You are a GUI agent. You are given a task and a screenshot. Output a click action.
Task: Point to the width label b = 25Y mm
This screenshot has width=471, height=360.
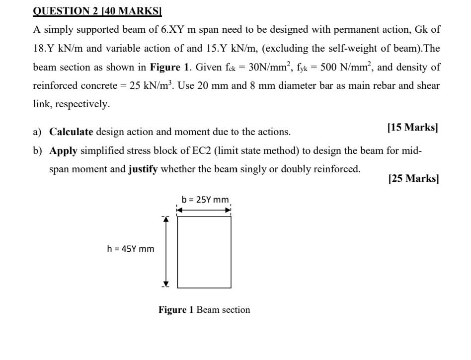click(x=205, y=200)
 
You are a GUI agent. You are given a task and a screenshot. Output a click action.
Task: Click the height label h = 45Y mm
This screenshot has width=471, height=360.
click(x=131, y=248)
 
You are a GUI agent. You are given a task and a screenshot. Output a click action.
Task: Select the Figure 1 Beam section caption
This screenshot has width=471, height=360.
click(x=204, y=310)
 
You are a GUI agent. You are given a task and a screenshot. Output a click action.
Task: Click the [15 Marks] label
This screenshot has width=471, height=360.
click(x=412, y=128)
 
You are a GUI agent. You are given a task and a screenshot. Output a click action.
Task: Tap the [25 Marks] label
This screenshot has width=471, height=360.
click(x=413, y=179)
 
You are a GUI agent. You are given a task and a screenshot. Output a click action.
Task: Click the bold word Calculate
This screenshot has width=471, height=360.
click(x=71, y=132)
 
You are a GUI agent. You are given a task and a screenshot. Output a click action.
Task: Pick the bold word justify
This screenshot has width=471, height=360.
click(x=143, y=169)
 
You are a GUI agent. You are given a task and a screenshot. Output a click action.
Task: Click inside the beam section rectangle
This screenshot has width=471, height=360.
click(x=204, y=252)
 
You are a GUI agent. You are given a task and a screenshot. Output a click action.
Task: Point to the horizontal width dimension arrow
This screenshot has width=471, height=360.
click(x=204, y=210)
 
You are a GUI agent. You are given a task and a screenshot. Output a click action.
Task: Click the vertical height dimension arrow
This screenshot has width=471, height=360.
click(x=167, y=252)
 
